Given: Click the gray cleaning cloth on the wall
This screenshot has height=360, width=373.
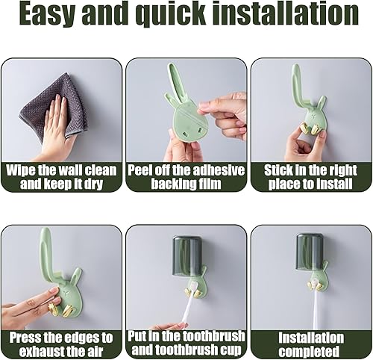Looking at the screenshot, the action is (x=56, y=105).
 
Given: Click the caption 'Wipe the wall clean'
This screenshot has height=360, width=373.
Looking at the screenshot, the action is (x=61, y=170).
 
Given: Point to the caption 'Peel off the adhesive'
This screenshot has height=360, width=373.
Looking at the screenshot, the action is (x=186, y=170).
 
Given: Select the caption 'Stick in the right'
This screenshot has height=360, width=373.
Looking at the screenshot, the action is (x=310, y=170).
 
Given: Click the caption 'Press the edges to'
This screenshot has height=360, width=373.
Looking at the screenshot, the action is (x=61, y=338).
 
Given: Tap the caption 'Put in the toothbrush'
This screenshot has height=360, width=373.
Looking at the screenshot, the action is (x=186, y=336).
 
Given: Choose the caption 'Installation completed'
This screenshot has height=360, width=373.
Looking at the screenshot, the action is (x=311, y=344).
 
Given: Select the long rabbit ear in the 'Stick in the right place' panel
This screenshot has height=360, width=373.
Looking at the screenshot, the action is (x=298, y=84).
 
